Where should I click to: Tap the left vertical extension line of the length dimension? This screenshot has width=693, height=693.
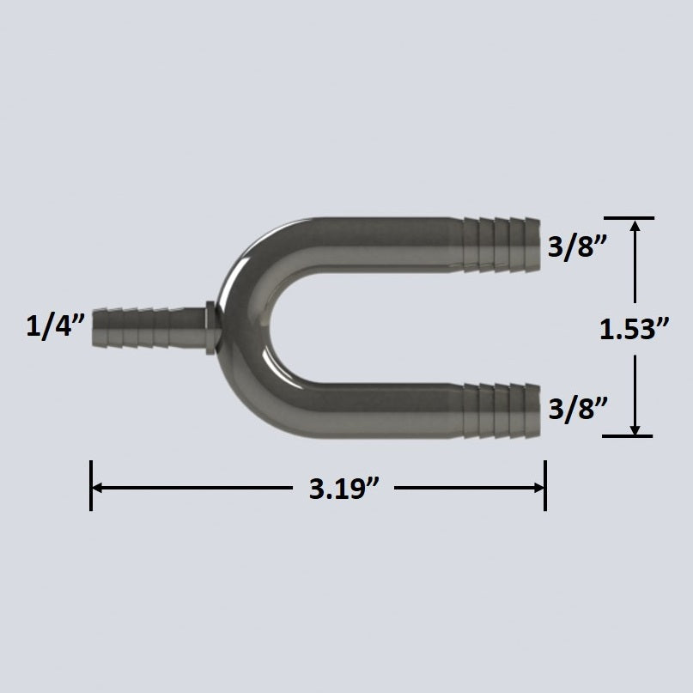tap(90, 486)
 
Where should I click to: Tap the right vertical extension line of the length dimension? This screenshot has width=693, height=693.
tap(544, 486)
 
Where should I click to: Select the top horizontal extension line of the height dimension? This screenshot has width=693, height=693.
tap(628, 218)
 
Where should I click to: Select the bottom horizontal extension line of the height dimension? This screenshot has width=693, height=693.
tap(628, 436)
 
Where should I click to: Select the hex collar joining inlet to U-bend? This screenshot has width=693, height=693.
tap(210, 326)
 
